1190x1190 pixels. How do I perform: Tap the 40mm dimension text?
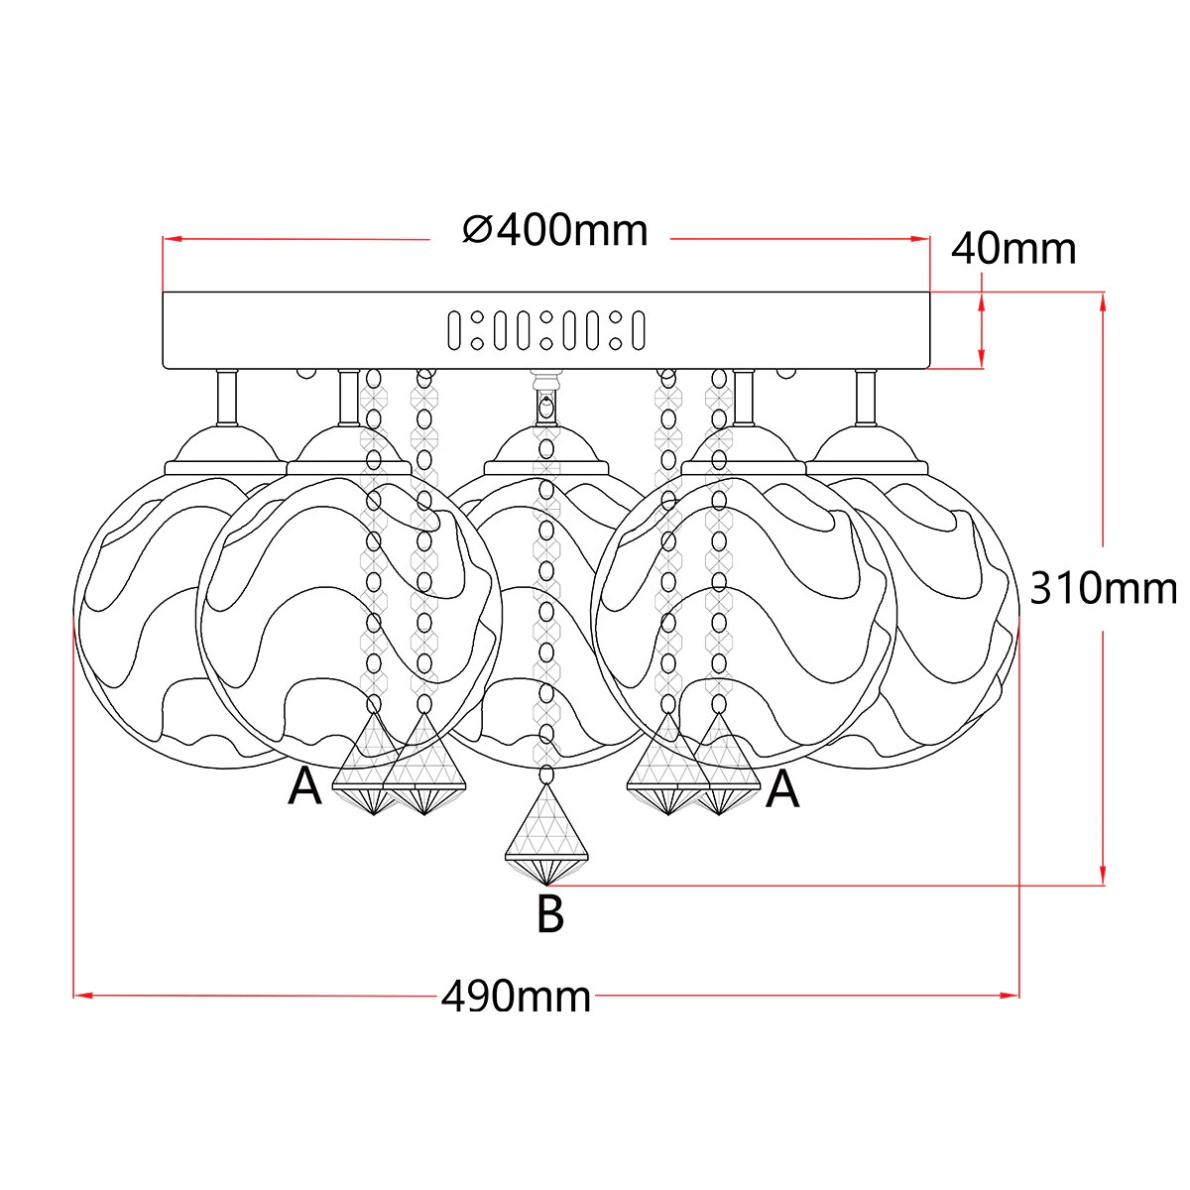[x=1013, y=250]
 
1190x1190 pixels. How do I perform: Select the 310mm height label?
[x=1104, y=588]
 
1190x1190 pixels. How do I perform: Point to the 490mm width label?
[x=517, y=996]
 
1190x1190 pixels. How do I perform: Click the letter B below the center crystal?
[x=550, y=914]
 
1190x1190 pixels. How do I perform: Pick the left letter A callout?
[x=304, y=787]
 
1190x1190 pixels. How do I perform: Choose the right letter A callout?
[x=782, y=790]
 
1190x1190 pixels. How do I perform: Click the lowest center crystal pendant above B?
[x=546, y=835]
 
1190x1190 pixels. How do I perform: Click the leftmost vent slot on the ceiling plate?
[x=454, y=330]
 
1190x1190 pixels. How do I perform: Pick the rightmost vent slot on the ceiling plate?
[x=639, y=330]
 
